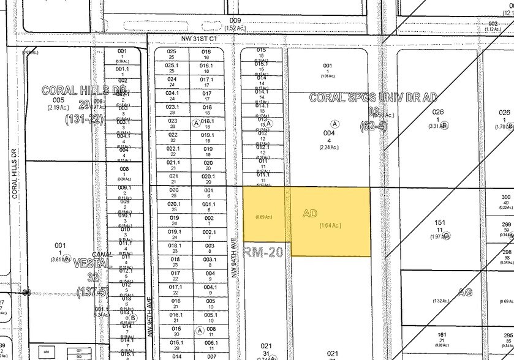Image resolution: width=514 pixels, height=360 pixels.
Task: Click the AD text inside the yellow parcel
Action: [x=311, y=214]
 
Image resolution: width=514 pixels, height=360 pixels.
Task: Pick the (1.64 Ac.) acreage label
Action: [x=330, y=225]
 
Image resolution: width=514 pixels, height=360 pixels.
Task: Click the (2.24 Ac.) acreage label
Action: [x=329, y=147]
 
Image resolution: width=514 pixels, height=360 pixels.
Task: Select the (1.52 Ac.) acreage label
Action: [x=236, y=28]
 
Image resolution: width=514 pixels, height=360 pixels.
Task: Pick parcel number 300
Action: [x=505, y=197]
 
